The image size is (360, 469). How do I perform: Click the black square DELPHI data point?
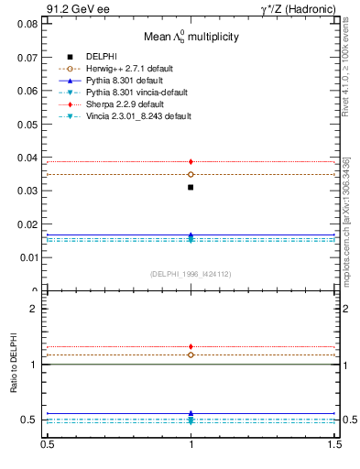[x=191, y=187]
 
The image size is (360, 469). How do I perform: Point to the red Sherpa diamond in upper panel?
[x=191, y=161]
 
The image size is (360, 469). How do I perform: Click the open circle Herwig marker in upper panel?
[x=191, y=174]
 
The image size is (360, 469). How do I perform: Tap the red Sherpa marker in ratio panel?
[x=191, y=346]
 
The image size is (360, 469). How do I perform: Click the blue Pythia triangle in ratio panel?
[x=191, y=413]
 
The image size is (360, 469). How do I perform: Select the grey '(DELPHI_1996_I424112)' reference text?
[x=191, y=273]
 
